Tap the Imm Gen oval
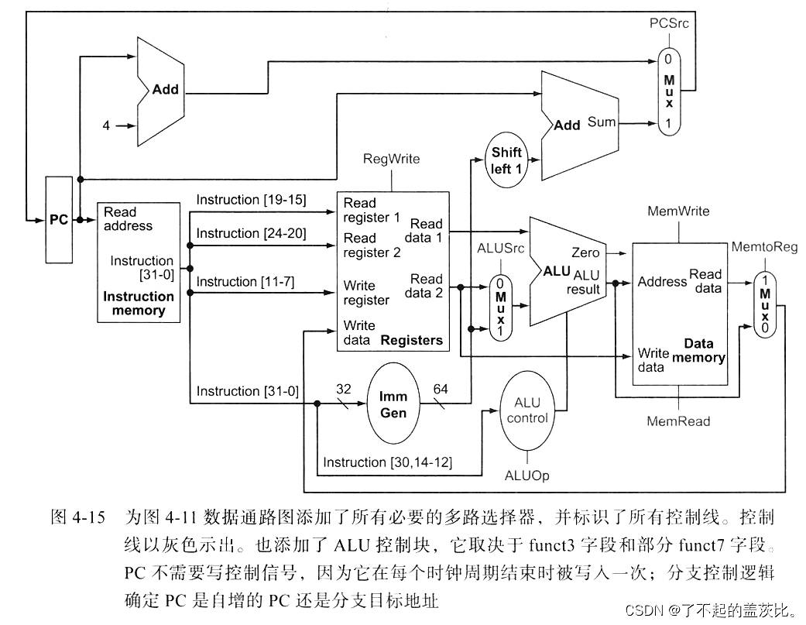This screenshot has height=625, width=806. click(393, 405)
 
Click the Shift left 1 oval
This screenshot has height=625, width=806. click(507, 160)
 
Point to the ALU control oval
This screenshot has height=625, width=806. click(531, 410)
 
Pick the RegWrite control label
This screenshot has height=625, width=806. click(391, 159)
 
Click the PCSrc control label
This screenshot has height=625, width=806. click(668, 23)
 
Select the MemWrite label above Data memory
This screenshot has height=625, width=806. click(678, 211)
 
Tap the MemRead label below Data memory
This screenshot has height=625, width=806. click(678, 421)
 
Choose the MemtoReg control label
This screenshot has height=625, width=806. click(764, 247)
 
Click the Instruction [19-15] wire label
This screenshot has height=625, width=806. click(251, 200)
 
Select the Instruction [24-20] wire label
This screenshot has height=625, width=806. click(251, 233)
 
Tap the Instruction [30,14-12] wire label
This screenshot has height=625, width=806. click(387, 462)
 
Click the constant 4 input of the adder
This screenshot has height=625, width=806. click(106, 125)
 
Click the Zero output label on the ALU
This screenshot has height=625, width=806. click(585, 252)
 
